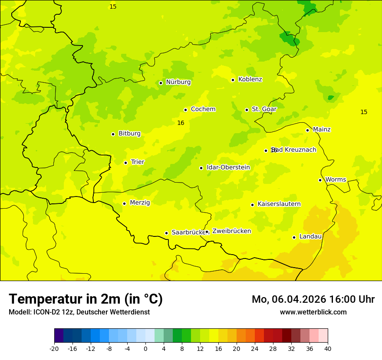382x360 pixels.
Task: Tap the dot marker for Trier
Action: click(x=126, y=163)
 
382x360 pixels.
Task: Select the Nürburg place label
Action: click(x=178, y=82)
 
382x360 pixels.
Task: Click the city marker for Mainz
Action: click(x=307, y=130)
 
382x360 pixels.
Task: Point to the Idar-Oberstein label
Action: click(x=228, y=167)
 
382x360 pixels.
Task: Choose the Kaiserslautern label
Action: click(x=279, y=204)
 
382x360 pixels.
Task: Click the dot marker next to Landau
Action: click(x=294, y=237)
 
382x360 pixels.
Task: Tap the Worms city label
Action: click(x=336, y=180)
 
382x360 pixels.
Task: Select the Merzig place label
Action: click(x=140, y=203)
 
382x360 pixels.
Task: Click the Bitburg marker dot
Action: click(x=113, y=134)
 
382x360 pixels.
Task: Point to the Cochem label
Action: click(x=203, y=109)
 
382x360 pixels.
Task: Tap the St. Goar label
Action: click(x=264, y=109)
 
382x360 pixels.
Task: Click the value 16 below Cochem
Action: click(x=181, y=123)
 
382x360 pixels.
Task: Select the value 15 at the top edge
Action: click(x=113, y=7)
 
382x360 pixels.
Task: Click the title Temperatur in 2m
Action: click(x=86, y=299)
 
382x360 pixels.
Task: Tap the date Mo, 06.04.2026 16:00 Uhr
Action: click(x=313, y=299)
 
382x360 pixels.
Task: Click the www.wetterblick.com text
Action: click(x=313, y=312)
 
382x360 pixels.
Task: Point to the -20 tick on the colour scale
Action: click(x=54, y=348)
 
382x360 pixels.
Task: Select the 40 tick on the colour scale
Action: click(x=328, y=348)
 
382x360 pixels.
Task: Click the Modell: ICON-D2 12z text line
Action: click(x=79, y=312)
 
